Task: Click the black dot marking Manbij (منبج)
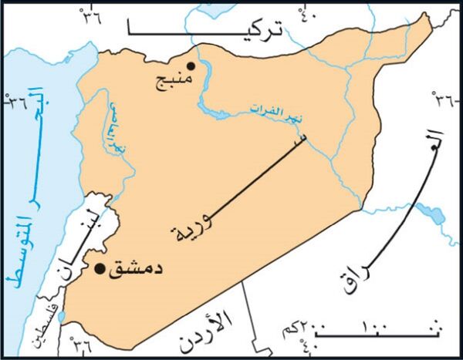pos(191,67)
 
